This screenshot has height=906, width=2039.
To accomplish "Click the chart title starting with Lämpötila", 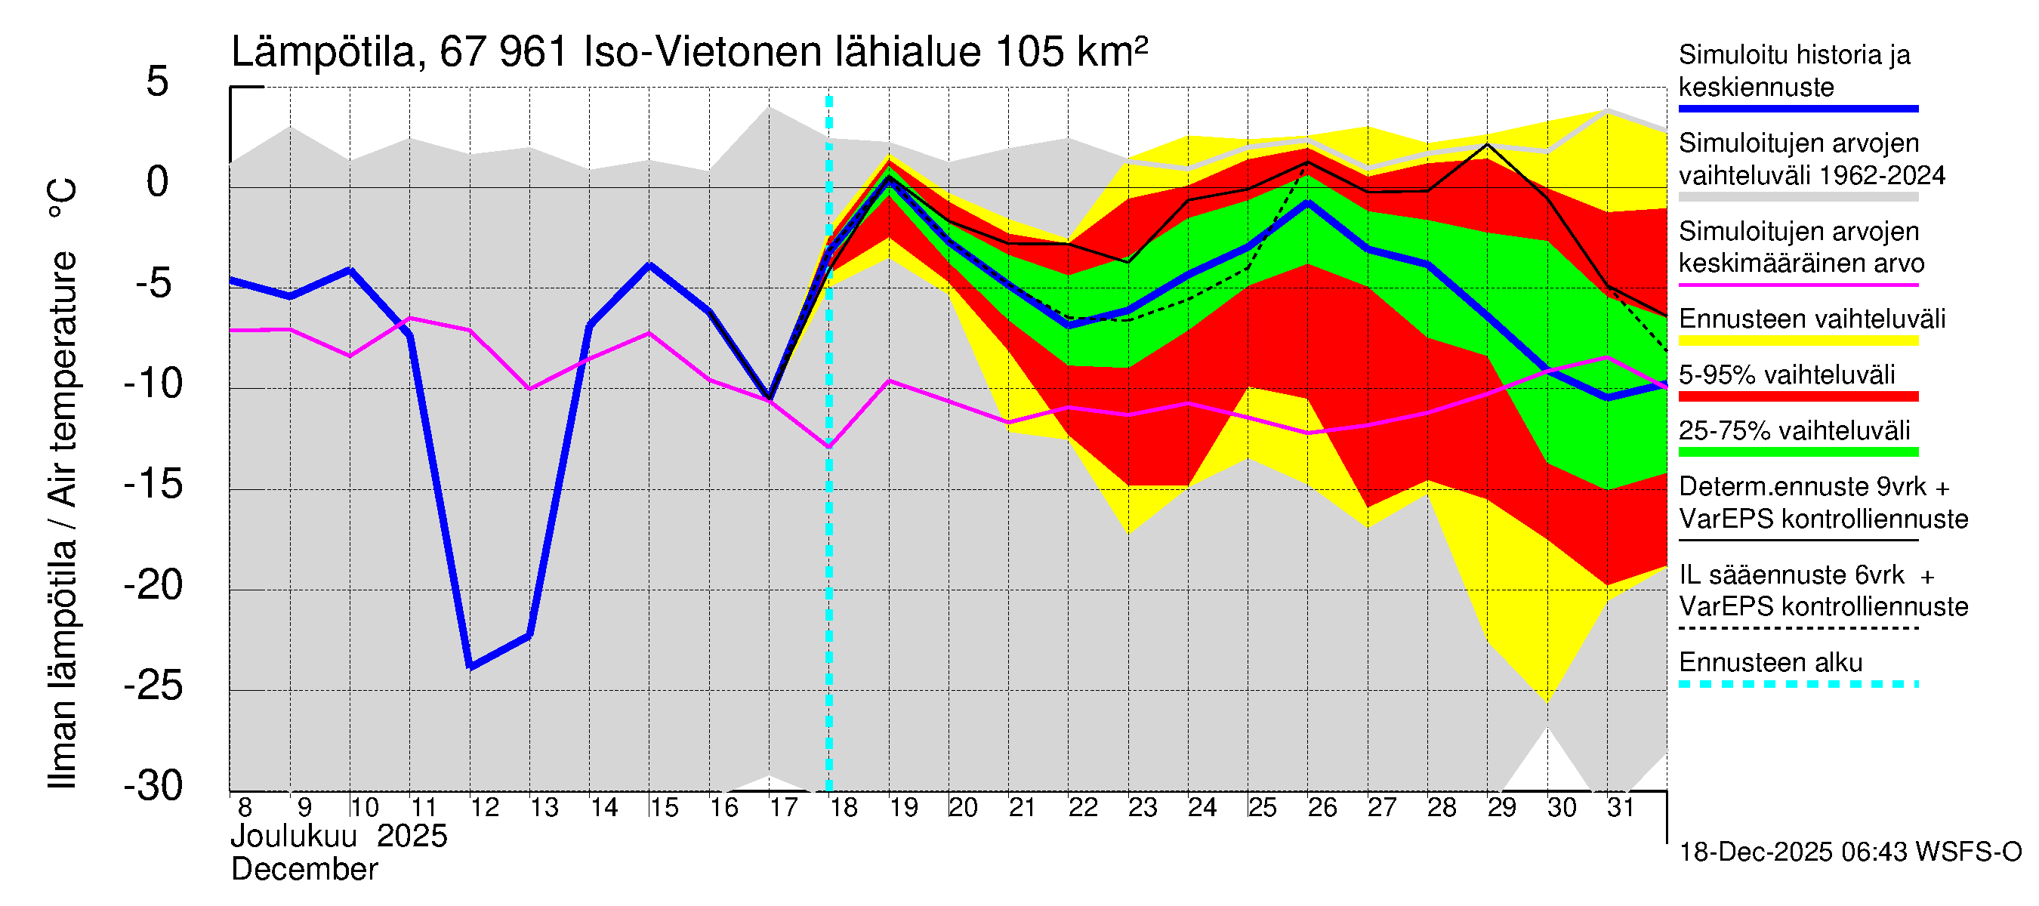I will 689,52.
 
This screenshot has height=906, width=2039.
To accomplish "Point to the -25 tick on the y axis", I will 153,686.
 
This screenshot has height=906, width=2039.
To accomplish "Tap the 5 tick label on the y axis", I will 158,82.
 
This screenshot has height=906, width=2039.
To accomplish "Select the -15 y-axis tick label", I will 153,483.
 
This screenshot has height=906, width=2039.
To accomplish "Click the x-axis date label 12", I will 484,807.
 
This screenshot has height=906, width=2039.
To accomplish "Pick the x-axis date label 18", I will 844,807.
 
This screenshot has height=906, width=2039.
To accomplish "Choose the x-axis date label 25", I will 1262,807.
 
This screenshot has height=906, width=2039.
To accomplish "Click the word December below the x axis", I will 304,870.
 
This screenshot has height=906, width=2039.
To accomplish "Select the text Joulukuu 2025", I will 339,837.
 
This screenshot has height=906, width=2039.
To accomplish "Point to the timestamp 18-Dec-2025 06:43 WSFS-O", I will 1849,852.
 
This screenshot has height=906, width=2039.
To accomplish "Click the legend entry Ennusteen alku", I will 1771,662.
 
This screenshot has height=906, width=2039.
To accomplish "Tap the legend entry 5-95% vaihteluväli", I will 1787,374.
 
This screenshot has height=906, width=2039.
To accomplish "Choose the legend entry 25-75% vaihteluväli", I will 1794,430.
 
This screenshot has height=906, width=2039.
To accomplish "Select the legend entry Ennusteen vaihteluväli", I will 1812,319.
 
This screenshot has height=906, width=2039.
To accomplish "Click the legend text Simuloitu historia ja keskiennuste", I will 1794,70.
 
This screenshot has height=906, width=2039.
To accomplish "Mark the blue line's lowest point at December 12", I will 471,666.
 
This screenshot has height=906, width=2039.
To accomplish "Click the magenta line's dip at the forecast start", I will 828,447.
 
